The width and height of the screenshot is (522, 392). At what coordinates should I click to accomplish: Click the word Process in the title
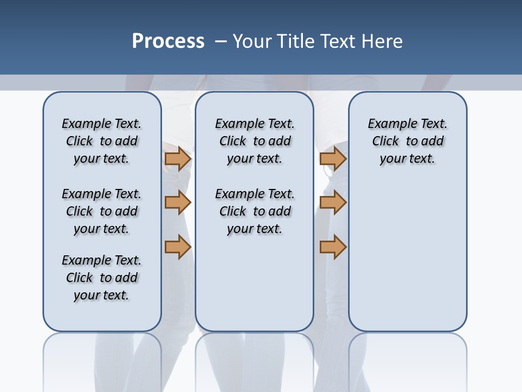pos(168,41)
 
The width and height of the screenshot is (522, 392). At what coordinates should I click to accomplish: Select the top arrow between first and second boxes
pos(178,159)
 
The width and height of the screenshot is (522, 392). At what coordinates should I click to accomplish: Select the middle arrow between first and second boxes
pos(178,203)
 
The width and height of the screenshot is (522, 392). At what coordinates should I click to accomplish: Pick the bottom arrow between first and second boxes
pos(178,247)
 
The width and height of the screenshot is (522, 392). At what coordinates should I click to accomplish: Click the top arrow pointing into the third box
pos(333,159)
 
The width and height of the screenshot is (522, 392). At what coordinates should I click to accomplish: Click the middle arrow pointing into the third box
pos(333,203)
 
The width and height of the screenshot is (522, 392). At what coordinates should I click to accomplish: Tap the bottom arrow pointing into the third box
pos(333,247)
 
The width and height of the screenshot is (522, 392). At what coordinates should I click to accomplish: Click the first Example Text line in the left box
pos(102,124)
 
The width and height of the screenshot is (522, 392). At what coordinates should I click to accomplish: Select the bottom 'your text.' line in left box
pos(102,295)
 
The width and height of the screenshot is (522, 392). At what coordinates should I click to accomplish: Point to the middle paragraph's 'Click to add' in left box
pos(102,211)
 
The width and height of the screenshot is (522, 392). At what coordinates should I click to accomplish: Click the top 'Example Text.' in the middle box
pos(254,124)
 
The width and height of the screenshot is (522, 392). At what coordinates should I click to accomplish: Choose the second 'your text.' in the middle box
pos(254,229)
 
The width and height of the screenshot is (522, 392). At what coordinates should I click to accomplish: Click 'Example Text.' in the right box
pos(407,124)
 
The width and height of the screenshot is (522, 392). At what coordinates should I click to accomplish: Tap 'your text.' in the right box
pos(407,158)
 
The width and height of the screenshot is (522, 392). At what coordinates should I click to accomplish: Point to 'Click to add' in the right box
pos(407,141)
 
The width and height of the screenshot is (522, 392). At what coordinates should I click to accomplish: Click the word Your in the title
pos(252,41)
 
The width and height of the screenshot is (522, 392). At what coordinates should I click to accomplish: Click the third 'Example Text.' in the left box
pos(102,260)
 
